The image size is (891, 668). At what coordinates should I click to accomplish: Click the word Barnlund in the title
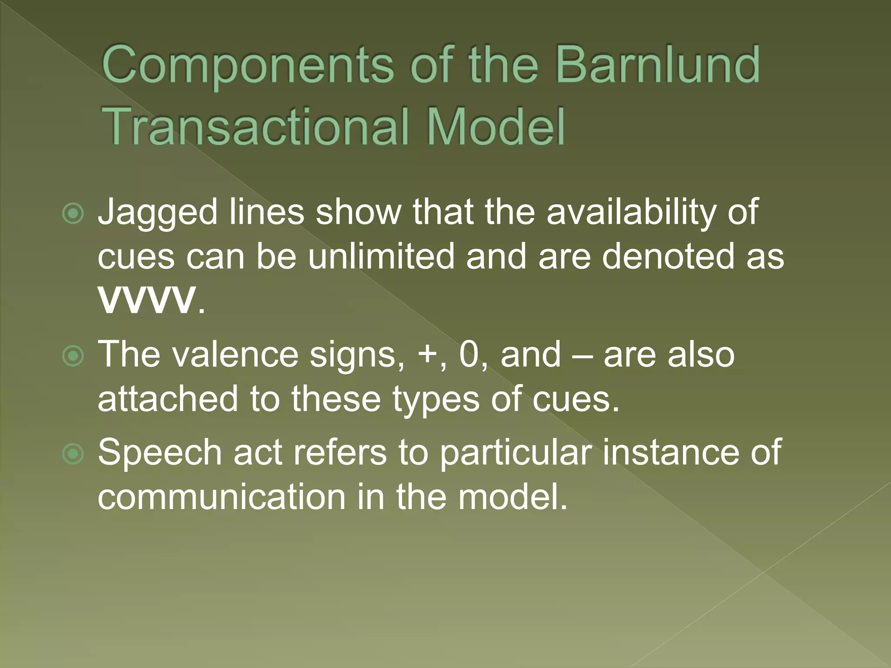coord(657,65)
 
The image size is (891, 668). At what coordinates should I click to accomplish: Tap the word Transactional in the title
coord(257,127)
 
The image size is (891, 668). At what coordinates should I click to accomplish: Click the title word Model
coord(496,127)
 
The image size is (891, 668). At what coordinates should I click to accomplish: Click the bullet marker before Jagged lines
coord(73,214)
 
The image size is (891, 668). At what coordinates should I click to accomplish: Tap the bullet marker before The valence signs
coord(73,356)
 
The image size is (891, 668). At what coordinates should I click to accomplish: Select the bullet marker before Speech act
coord(73,454)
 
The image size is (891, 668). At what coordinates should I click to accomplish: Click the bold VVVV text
coord(147,300)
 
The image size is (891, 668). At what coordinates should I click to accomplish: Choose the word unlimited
coord(381,257)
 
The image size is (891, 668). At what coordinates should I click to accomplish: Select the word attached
coord(168,399)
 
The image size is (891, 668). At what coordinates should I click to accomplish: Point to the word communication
coord(221,497)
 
